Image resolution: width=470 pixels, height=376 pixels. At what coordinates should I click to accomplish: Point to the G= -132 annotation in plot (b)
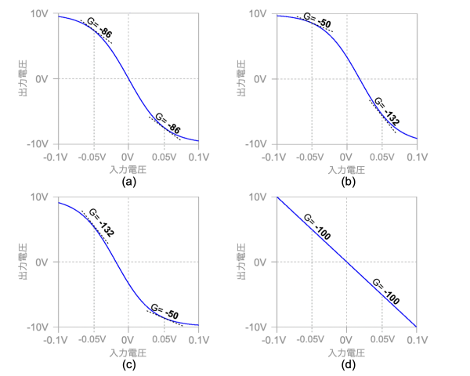(x=385, y=112)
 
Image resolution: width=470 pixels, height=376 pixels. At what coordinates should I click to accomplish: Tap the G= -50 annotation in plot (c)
(x=164, y=313)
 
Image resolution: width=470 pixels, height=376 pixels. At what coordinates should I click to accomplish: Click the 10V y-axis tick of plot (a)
(x=40, y=13)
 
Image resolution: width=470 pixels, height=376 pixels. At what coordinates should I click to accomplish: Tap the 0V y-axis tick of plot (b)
(x=261, y=79)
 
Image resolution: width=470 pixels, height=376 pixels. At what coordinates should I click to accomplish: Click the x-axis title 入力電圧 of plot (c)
(x=128, y=352)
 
